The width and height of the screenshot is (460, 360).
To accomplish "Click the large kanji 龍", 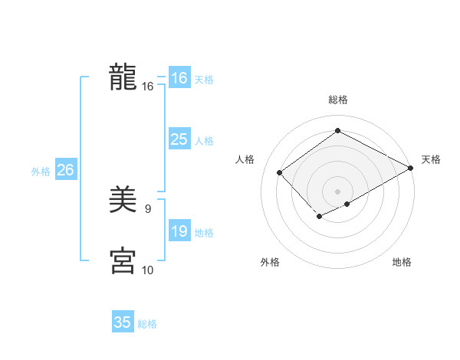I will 123,78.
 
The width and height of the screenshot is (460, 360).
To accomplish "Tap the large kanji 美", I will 123,201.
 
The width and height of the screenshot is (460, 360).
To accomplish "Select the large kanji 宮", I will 123,261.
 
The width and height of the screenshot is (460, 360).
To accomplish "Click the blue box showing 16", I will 179,78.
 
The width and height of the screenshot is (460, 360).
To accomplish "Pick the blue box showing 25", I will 179,139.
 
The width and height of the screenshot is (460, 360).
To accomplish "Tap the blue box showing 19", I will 179,231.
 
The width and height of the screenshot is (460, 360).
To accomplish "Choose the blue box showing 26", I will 65,170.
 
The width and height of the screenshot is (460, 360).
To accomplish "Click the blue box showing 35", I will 123,322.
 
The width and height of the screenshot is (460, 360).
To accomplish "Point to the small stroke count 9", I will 147,208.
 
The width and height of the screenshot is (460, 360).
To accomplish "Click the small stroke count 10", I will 147,270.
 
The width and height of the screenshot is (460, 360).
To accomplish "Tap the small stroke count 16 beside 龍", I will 147,87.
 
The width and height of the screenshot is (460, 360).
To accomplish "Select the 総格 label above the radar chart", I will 337,99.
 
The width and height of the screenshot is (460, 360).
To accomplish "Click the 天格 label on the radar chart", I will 431,159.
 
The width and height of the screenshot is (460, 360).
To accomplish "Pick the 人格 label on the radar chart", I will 245,159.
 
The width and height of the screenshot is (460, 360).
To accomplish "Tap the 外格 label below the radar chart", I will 269,263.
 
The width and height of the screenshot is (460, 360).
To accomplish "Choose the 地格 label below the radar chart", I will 402,263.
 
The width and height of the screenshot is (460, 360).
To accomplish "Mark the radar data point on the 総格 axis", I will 337,130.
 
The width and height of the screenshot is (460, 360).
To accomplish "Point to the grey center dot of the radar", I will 337,191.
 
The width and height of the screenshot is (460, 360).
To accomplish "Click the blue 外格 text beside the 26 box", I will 41,172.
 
